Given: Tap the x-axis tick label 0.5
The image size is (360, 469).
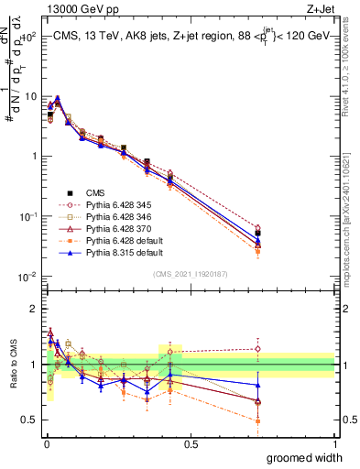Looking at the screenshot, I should [x=191, y=443].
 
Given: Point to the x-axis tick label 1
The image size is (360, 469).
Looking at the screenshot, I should [x=334, y=443].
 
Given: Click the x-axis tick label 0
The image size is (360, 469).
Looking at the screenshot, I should [x=46, y=443].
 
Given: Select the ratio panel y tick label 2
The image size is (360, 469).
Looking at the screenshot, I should [x=35, y=308].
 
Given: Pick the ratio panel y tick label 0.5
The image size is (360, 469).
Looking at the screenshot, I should [x=31, y=421].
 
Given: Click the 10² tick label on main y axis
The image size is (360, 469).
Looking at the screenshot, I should [x=30, y=38].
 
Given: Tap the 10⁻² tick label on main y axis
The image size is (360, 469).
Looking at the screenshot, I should [x=29, y=277].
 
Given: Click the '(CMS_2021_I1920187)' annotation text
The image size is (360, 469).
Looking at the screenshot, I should [x=190, y=274].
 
